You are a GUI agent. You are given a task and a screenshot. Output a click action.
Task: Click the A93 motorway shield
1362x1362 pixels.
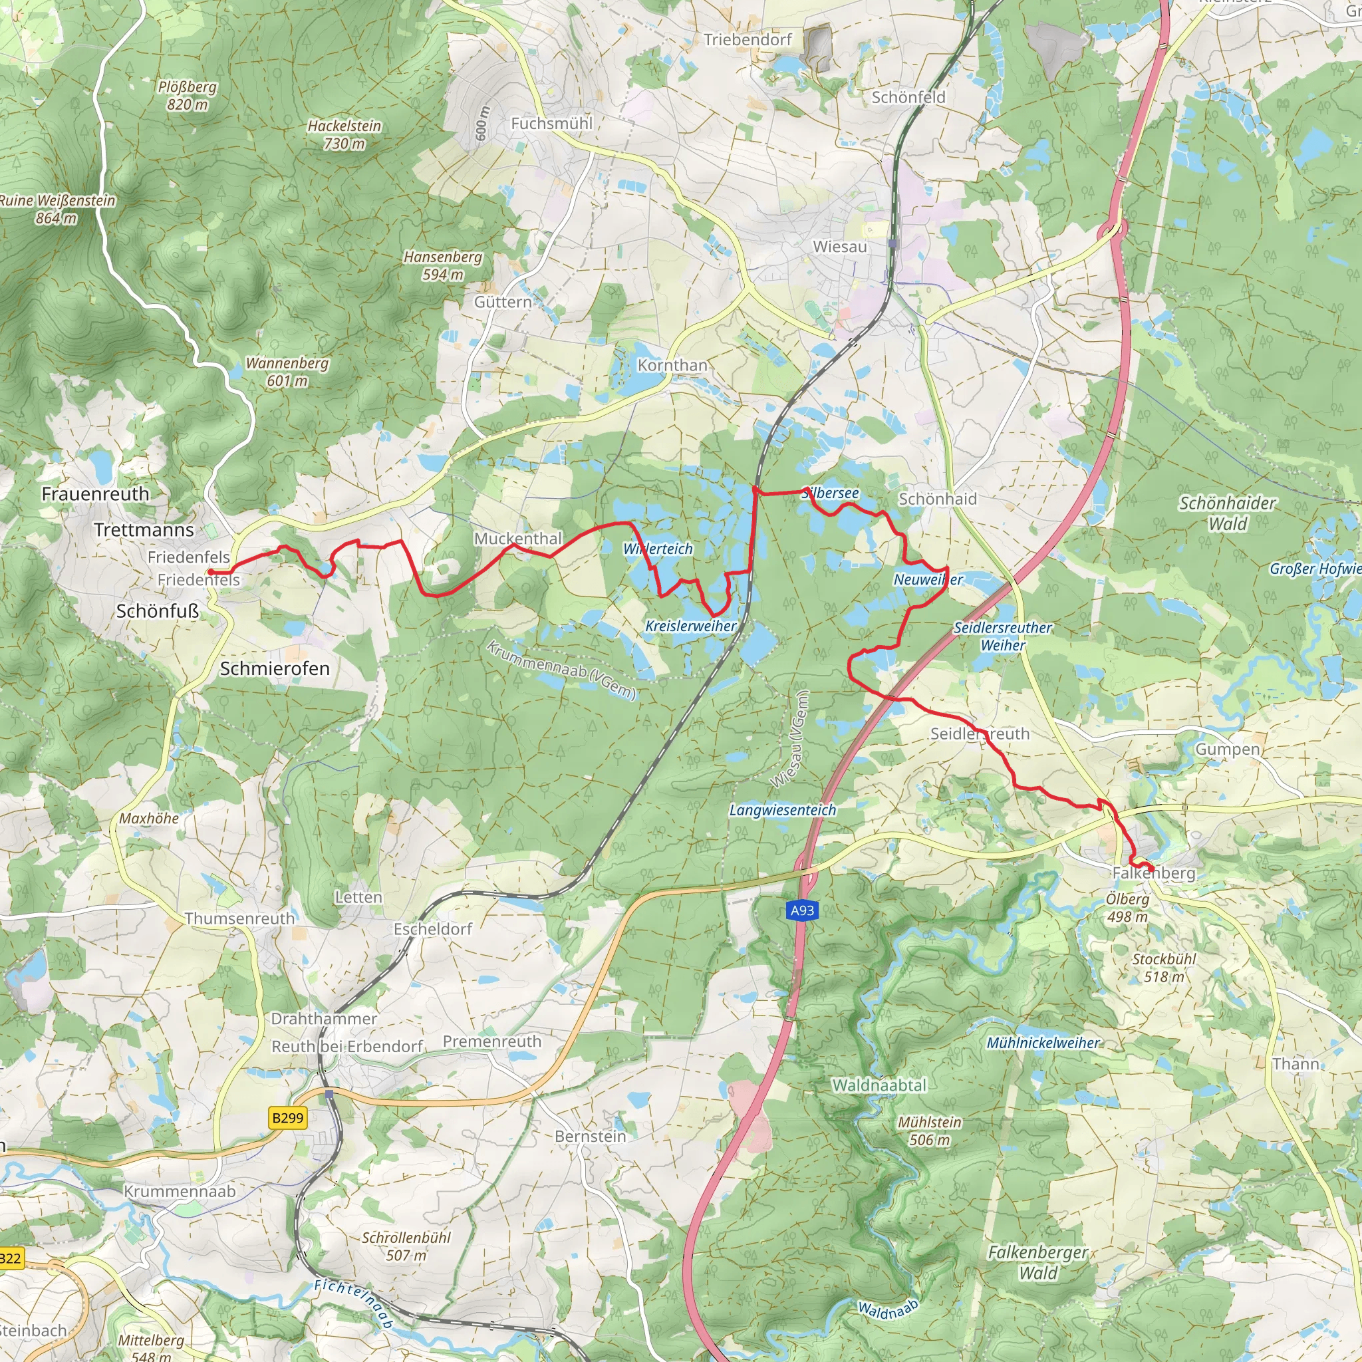pyautogui.click(x=801, y=910)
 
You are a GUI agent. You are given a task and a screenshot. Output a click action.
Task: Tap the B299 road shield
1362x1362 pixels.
pyautogui.click(x=287, y=1117)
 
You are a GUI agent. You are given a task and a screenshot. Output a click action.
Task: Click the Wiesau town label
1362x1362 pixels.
pyautogui.click(x=840, y=247)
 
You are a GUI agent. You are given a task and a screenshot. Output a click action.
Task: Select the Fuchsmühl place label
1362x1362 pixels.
pyautogui.click(x=551, y=124)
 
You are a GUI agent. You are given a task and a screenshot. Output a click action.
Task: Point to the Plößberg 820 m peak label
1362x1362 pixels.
pyautogui.click(x=188, y=96)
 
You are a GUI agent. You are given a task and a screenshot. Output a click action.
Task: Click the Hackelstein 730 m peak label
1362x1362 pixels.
pyautogui.click(x=344, y=134)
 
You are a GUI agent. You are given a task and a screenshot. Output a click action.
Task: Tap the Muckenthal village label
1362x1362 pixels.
pyautogui.click(x=517, y=539)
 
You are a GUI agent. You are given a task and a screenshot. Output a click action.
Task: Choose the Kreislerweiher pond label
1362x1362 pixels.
pyautogui.click(x=690, y=626)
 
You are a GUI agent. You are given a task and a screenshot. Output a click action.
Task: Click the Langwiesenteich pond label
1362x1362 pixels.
pyautogui.click(x=783, y=810)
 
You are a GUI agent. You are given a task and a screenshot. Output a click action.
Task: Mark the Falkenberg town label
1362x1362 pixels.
pyautogui.click(x=1153, y=873)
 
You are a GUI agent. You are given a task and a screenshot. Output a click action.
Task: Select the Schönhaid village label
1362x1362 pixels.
pyautogui.click(x=938, y=499)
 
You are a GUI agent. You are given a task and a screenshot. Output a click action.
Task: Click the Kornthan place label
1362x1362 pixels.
pyautogui.click(x=672, y=365)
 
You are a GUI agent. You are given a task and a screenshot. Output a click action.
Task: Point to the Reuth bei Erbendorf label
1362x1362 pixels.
pyautogui.click(x=347, y=1046)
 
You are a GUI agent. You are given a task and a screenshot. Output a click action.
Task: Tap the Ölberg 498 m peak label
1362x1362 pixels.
pyautogui.click(x=1127, y=908)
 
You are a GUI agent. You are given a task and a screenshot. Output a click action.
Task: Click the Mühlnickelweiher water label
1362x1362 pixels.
pyautogui.click(x=1043, y=1043)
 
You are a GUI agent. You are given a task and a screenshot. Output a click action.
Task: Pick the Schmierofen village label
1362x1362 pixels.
pyautogui.click(x=274, y=668)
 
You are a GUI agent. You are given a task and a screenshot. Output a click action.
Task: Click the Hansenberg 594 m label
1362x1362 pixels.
pyautogui.click(x=443, y=266)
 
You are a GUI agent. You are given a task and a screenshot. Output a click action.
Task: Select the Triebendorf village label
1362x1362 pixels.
pyautogui.click(x=748, y=39)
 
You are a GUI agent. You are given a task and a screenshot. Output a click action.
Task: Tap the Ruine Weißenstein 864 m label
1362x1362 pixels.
pyautogui.click(x=57, y=209)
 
